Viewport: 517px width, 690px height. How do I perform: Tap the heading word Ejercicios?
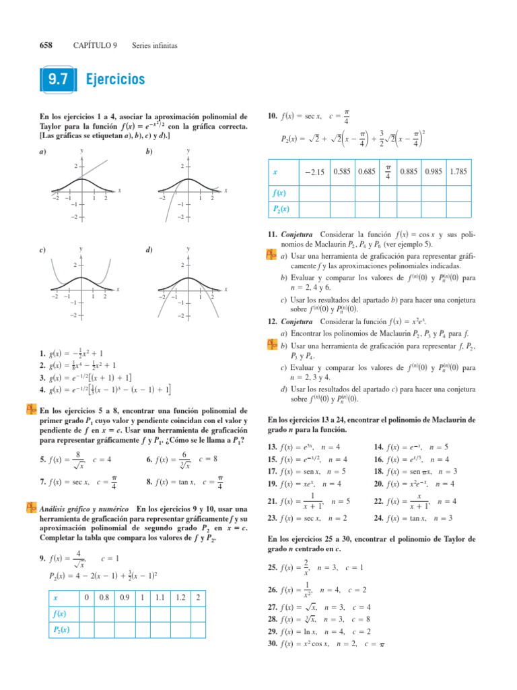coord(116,80)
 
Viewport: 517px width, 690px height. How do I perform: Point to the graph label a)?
coord(42,152)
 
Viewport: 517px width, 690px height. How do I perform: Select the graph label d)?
coord(149,251)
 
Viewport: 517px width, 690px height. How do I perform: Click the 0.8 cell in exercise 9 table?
coord(104,597)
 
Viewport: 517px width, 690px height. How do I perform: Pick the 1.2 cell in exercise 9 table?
coord(180,597)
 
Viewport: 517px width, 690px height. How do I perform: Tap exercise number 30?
coord(273,645)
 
